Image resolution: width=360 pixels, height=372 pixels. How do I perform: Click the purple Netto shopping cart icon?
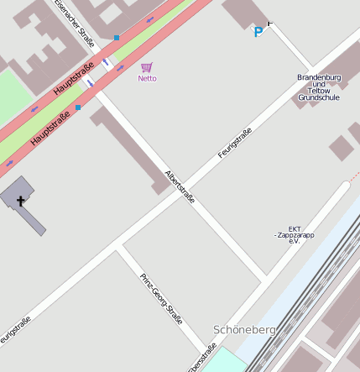(147, 67)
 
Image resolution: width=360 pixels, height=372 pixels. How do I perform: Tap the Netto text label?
(147, 79)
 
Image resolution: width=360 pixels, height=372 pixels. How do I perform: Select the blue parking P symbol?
(258, 33)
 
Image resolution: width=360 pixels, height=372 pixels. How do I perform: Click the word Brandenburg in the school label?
(319, 77)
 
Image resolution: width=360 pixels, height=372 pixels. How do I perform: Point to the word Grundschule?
(319, 97)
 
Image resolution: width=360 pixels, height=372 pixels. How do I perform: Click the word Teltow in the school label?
(319, 91)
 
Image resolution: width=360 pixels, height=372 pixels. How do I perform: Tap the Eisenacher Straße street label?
(75, 21)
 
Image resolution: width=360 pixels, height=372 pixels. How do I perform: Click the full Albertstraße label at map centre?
(180, 187)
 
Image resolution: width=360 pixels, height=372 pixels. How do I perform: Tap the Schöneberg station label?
(244, 330)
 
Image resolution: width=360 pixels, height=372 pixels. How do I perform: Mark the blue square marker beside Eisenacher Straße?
(116, 38)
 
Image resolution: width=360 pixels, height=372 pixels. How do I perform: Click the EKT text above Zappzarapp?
(295, 228)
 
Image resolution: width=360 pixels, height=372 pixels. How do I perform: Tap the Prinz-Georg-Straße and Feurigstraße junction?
(120, 245)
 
